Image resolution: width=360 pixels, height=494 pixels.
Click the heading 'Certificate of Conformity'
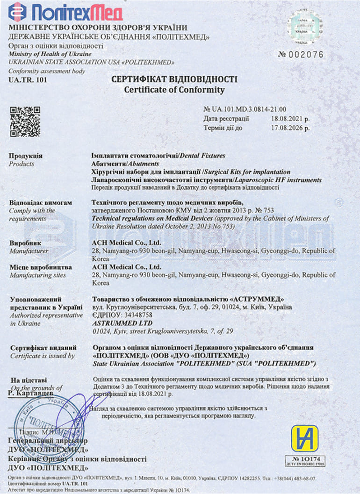pyautogui.click(x=174, y=89)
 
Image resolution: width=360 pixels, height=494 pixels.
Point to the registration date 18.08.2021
pyautogui.click(x=294, y=119)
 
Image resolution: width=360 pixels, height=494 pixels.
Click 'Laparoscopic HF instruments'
pyautogui.click(x=276, y=179)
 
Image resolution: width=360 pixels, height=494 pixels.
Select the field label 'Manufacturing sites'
pyautogui.click(x=38, y=275)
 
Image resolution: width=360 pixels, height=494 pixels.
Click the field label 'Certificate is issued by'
pyautogui.click(x=42, y=356)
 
